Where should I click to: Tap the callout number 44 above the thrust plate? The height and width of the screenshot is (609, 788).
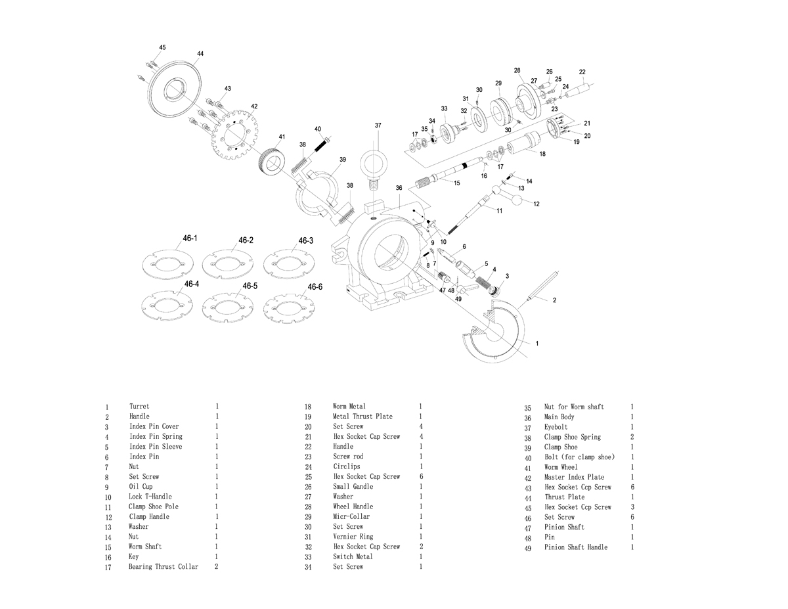(200, 53)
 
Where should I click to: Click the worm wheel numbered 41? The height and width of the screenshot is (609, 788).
(271, 162)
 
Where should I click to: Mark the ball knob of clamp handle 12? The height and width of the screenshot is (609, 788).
(521, 201)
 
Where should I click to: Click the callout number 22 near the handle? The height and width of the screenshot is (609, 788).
(582, 72)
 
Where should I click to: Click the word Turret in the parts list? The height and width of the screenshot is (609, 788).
(139, 407)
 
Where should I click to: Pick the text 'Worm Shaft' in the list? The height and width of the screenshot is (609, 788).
(145, 547)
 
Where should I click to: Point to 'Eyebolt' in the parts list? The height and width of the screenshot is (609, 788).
(556, 427)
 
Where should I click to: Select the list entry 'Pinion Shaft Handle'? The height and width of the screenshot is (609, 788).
(576, 547)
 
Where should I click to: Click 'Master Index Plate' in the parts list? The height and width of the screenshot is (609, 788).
(574, 477)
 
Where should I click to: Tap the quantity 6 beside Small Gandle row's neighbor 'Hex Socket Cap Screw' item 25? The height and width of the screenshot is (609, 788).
(420, 476)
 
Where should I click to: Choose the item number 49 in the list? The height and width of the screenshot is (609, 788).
(527, 549)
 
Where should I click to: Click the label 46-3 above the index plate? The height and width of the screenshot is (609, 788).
(306, 241)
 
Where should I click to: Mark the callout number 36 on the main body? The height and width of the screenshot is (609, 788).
(399, 188)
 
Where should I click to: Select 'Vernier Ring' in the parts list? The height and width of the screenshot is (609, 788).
(353, 537)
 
